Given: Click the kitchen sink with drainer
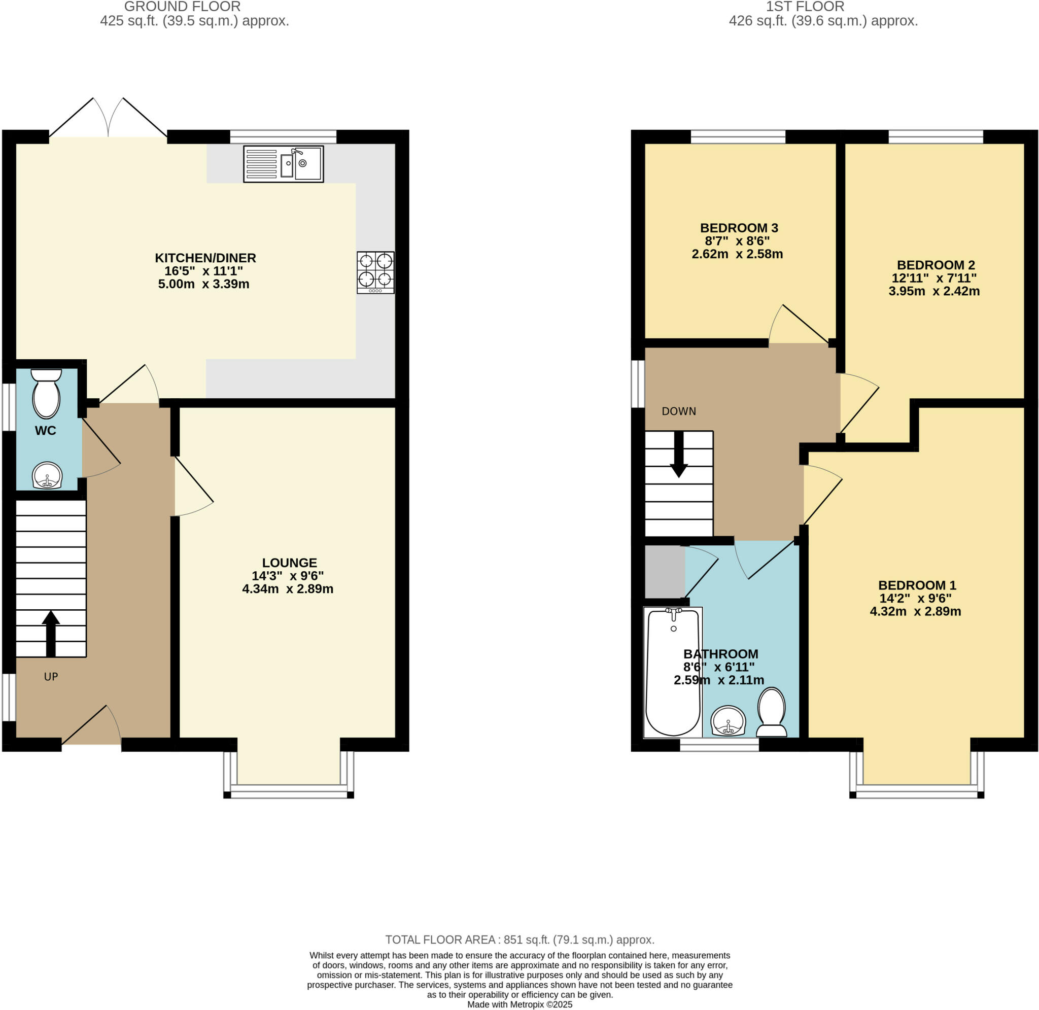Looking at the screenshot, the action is [x=283, y=164].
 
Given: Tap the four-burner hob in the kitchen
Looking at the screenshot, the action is [x=375, y=272].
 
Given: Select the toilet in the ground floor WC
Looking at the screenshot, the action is [x=47, y=394].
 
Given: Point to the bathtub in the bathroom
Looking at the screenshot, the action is [x=673, y=673].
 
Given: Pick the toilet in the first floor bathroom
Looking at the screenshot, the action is [x=772, y=712].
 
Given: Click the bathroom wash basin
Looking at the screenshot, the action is [x=728, y=721].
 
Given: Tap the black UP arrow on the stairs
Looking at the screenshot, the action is [x=50, y=634].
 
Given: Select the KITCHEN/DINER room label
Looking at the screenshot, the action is [x=205, y=258].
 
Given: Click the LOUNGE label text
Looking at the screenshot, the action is [x=290, y=562].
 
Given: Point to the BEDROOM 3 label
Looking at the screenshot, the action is [x=739, y=228].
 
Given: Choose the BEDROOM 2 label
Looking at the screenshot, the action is [x=936, y=265].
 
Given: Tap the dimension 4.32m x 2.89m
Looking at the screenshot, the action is [x=915, y=611].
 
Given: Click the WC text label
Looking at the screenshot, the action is [x=46, y=430].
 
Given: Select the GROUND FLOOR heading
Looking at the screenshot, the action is [x=183, y=7].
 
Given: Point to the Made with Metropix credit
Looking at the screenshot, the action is [x=520, y=1004].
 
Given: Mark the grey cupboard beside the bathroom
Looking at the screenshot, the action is [x=665, y=572].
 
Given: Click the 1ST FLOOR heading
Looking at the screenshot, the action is [x=805, y=7].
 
